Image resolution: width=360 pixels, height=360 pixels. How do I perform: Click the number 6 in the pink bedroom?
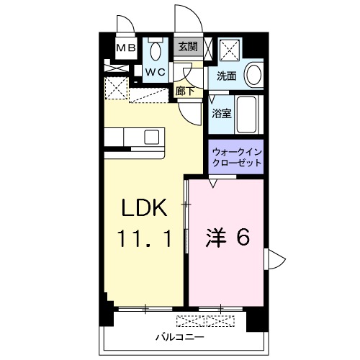pos(243,238)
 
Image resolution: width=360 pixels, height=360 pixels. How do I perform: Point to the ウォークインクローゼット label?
pos(236,158)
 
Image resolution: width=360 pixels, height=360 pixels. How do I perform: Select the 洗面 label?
pos(227,75)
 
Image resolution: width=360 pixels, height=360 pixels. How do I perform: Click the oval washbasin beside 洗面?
pos(253,74)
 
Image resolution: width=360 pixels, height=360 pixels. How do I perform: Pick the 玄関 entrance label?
pos(188,46)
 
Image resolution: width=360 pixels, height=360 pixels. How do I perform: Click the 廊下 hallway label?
pos(185,91)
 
